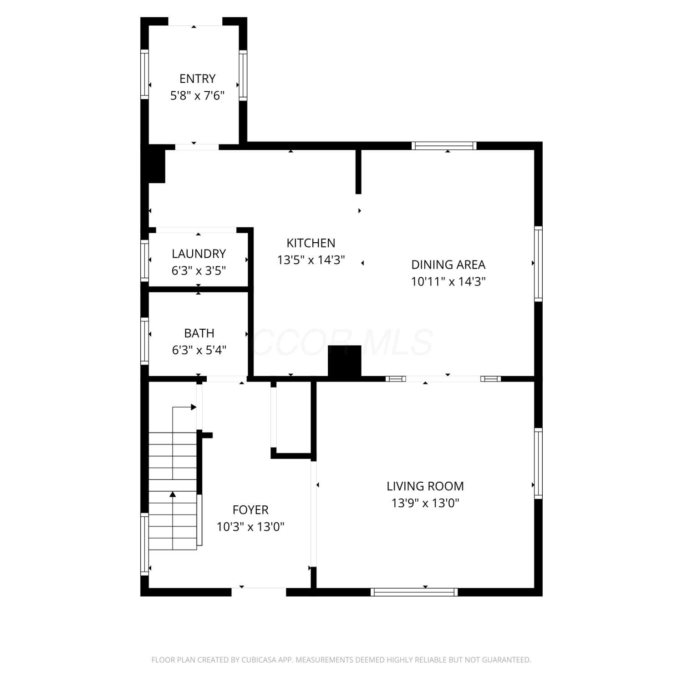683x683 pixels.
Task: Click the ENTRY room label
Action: pyautogui.click(x=197, y=79)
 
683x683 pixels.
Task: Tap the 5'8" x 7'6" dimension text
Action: pyautogui.click(x=197, y=96)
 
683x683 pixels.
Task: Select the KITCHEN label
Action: pyautogui.click(x=311, y=243)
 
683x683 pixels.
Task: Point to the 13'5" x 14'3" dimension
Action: pyautogui.click(x=311, y=260)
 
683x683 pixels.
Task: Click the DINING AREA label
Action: pyautogui.click(x=448, y=265)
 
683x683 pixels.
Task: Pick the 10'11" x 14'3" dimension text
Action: pyautogui.click(x=448, y=281)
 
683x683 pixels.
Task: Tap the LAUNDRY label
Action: pyautogui.click(x=199, y=254)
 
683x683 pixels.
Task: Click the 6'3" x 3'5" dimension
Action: pyautogui.click(x=199, y=270)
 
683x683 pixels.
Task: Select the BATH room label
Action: pyautogui.click(x=199, y=333)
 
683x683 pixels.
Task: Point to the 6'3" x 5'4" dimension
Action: pyautogui.click(x=199, y=350)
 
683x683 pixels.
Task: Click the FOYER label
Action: pyautogui.click(x=250, y=510)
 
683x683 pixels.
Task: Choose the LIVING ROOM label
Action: pyautogui.click(x=425, y=486)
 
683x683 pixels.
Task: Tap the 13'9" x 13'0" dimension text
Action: pyautogui.click(x=425, y=503)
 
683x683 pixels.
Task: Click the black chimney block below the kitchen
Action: pyautogui.click(x=345, y=362)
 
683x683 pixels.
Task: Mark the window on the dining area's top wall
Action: pyautogui.click(x=444, y=146)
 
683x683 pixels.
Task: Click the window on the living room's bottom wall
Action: pyautogui.click(x=414, y=592)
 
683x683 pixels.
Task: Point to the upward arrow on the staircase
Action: pyautogui.click(x=173, y=494)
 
